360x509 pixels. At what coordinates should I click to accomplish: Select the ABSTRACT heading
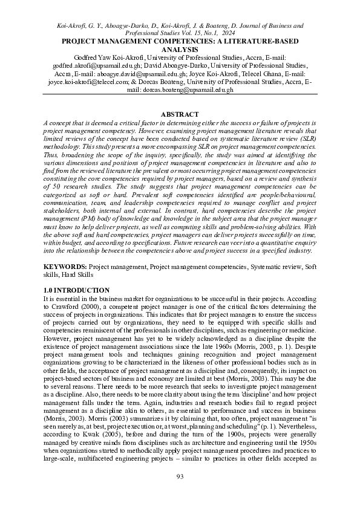[180, 114]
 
